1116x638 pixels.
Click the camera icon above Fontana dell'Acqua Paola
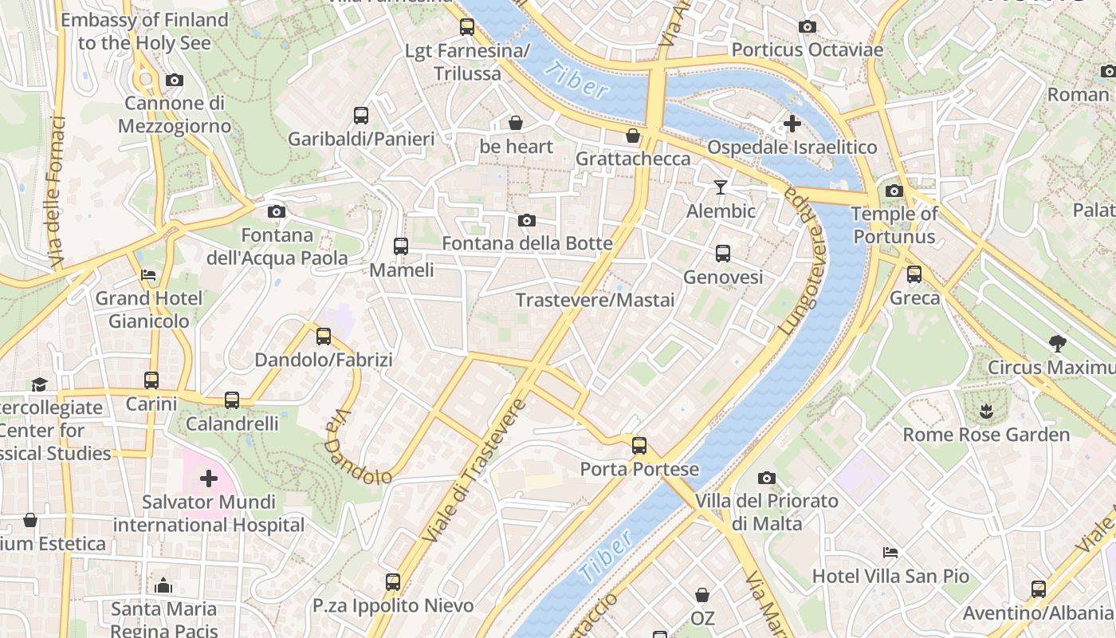pos(277,211)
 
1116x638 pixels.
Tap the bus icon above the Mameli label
pos(401,246)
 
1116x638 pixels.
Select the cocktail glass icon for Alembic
pos(721,187)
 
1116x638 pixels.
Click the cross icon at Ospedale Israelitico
pos(792,124)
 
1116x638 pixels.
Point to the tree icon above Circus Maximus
pos(1058,344)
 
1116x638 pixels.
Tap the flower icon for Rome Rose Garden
pos(986,412)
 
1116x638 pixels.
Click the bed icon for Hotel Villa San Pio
pos(890,552)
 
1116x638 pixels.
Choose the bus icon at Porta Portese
pos(639,446)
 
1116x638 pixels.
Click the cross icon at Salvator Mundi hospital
pos(209,478)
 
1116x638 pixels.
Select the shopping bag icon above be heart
pos(516,124)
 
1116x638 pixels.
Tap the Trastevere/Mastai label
pos(595,301)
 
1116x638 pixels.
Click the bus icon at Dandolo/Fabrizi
pos(324,337)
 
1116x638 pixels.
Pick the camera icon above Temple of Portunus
pos(894,191)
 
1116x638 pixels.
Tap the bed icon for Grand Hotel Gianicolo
pos(148,275)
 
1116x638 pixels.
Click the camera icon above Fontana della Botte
pos(527,220)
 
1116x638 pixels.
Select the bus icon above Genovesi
pos(723,254)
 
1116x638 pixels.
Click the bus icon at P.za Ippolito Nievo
pos(393,582)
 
